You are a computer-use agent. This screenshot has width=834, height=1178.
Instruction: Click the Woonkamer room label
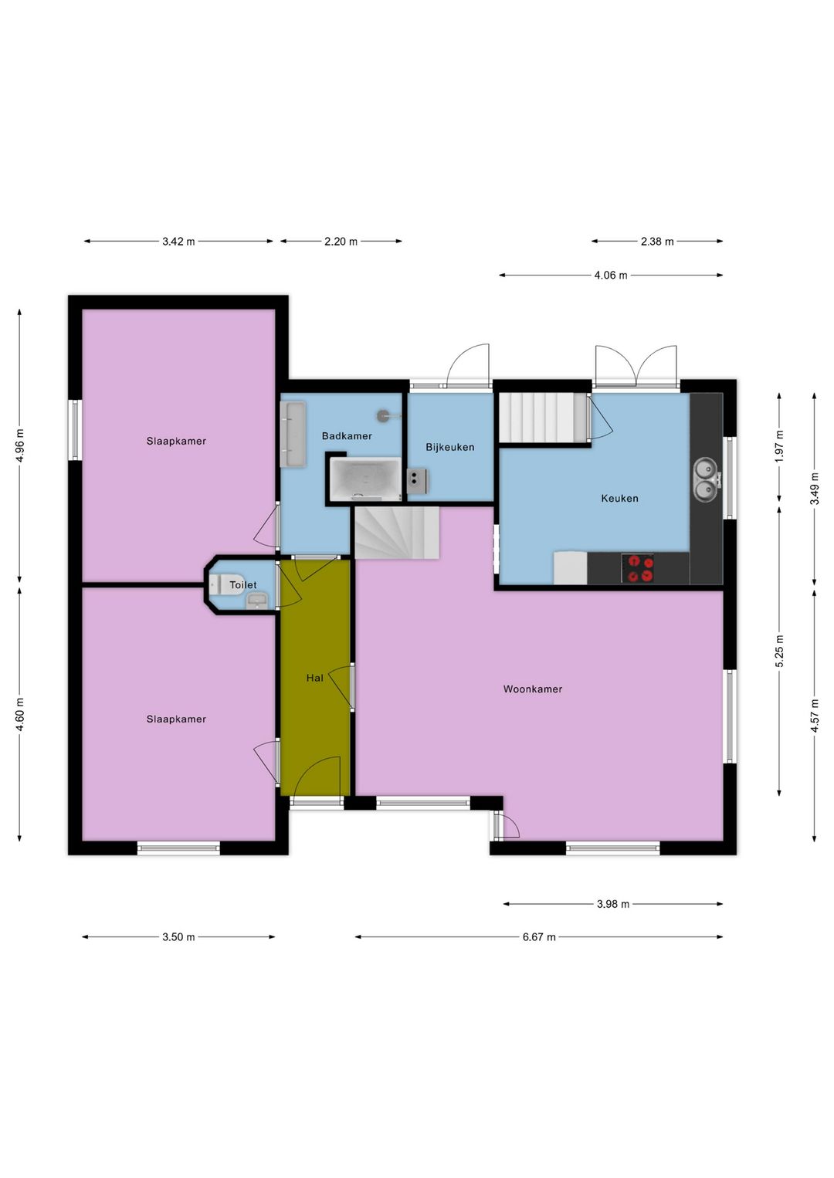[533, 689]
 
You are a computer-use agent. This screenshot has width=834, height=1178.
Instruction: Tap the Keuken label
[619, 498]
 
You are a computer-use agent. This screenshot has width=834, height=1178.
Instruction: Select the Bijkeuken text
[450, 448]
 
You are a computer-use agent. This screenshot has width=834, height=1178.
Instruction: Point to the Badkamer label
[347, 436]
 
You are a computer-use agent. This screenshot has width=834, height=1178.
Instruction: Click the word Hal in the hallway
[314, 678]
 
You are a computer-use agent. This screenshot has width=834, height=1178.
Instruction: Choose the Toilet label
[243, 585]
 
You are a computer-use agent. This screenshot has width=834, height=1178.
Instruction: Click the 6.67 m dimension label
[539, 937]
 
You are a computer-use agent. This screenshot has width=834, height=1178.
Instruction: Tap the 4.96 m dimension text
[20, 445]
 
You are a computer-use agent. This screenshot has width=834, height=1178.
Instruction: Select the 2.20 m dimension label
[341, 242]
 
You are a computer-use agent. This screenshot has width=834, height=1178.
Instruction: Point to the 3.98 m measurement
[612, 905]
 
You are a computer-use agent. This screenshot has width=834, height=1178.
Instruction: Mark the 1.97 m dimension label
[779, 446]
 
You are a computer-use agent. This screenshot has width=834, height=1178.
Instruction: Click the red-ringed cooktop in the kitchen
[638, 568]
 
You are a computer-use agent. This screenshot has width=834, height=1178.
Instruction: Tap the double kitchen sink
[704, 479]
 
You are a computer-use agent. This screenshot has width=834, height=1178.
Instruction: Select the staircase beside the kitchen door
[544, 418]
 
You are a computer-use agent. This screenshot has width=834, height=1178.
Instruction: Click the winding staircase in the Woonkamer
[397, 532]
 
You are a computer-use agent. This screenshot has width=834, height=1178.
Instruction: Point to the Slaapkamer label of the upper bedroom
[176, 442]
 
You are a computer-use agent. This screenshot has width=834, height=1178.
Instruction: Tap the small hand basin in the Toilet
[257, 600]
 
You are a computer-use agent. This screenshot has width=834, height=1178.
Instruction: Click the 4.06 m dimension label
[610, 276]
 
